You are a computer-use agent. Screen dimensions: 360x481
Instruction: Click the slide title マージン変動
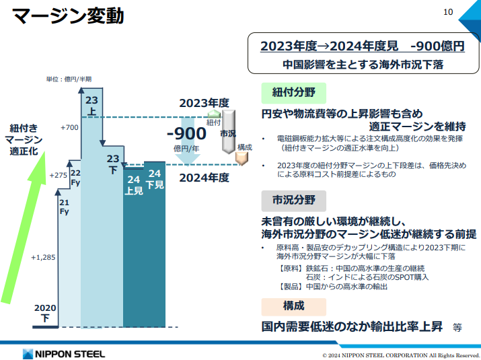pos(68,17)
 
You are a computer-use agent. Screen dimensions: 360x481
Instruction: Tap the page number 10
pos(449,11)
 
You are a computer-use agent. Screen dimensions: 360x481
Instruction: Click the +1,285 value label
pos(42,257)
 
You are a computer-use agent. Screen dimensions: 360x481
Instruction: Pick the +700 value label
pos(69,127)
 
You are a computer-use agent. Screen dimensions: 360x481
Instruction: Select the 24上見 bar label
pos(133,185)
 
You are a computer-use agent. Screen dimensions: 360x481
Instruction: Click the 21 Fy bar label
pos(65,207)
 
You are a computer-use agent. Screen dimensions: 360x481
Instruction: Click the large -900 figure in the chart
pos(186,133)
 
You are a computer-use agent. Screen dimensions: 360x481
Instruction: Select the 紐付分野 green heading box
pos(293,92)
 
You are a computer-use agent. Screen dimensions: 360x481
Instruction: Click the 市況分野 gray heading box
pos(293,200)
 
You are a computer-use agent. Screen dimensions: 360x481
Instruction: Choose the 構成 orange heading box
pos(293,305)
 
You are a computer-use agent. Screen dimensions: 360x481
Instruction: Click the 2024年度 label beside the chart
pos(205,178)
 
